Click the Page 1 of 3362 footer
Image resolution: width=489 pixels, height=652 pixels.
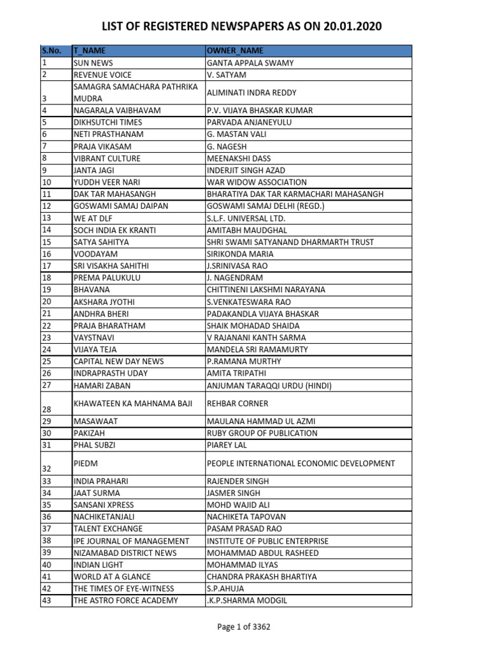(244, 627)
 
